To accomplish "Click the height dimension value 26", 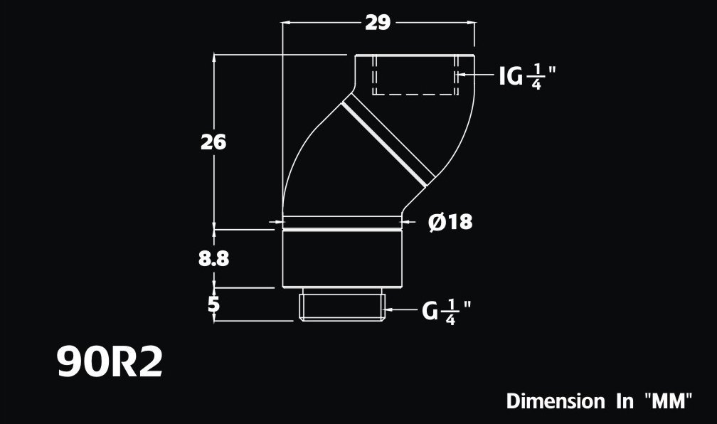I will pyautogui.click(x=213, y=142).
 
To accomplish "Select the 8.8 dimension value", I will pyautogui.click(x=213, y=258).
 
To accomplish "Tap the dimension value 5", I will pyautogui.click(x=213, y=304).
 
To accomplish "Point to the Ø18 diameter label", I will pyautogui.click(x=450, y=222).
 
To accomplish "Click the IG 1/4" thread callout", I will pyautogui.click(x=526, y=75).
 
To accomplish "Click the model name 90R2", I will pyautogui.click(x=110, y=363).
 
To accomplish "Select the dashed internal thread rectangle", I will pyautogui.click(x=413, y=75).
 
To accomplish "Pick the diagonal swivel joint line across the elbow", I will pyautogui.click(x=388, y=140).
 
